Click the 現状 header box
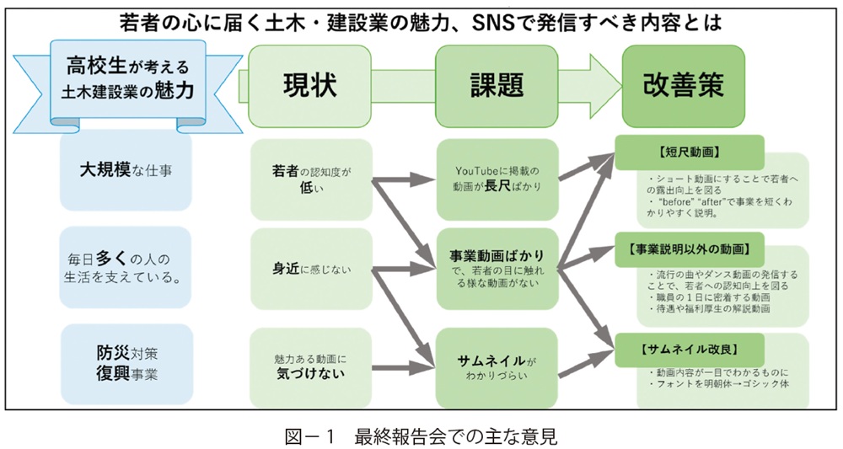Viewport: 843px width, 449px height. (309, 85)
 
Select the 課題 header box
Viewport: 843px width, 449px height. (497, 85)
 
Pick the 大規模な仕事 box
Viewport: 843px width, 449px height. (126, 169)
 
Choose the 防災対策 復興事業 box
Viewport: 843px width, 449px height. (126, 360)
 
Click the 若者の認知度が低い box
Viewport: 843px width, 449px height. (311, 178)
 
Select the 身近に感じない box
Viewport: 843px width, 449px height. (311, 270)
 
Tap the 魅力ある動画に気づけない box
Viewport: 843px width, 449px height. (311, 364)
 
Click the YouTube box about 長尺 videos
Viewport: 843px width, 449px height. (497, 178)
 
